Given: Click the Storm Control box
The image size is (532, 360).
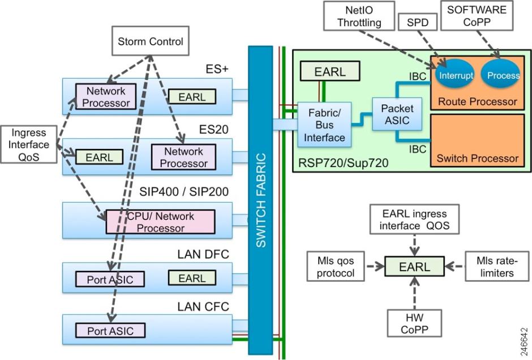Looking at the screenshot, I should coord(150,41).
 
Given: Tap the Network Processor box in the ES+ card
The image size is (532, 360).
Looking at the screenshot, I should coord(104,96).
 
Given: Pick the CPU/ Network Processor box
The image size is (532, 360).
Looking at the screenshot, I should coord(160,222).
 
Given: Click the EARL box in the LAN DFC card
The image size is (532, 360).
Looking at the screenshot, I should coord(192,278).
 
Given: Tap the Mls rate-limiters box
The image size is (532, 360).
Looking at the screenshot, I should coord(493,266).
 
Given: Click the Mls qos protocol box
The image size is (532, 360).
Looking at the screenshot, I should coord(336,266).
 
